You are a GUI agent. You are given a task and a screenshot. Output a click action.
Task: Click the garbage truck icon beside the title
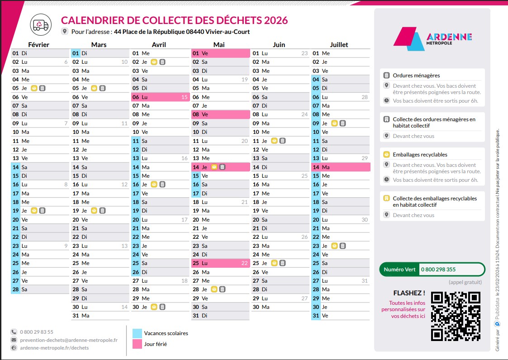41,25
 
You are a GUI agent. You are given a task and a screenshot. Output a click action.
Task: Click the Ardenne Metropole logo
432,39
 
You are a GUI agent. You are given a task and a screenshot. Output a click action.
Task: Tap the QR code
455,316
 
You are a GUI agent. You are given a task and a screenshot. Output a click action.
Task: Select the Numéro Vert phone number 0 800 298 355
438,269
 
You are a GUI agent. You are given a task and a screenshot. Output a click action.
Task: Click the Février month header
39,44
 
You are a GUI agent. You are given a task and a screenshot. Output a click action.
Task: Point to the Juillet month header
339,44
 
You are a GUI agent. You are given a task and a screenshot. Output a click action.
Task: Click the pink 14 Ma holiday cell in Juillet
341,167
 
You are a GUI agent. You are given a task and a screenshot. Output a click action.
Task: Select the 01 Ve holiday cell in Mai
220,53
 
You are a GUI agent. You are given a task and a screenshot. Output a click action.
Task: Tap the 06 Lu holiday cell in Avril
160,97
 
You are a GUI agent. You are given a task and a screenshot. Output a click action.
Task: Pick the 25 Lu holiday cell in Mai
220,263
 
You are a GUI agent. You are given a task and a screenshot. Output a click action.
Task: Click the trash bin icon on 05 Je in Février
42,88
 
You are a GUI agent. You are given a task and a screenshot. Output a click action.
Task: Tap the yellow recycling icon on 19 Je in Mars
94,210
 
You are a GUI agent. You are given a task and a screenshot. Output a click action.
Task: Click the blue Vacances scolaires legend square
137,333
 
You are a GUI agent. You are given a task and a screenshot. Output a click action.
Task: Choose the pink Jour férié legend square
137,344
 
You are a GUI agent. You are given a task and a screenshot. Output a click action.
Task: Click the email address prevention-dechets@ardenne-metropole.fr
68,340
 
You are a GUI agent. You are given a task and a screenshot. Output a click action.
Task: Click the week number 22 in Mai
244,263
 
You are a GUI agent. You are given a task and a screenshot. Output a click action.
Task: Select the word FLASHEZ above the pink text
409,293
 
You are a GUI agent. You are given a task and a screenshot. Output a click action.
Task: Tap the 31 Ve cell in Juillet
341,316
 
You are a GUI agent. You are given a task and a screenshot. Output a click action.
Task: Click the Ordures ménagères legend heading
416,76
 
